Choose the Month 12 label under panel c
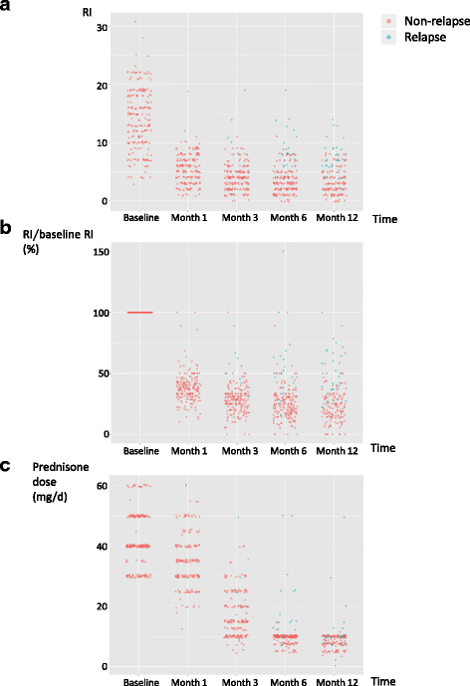pyautogui.click(x=337, y=681)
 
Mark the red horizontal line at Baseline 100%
pyautogui.click(x=141, y=313)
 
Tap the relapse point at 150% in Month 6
pyautogui.click(x=283, y=251)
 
